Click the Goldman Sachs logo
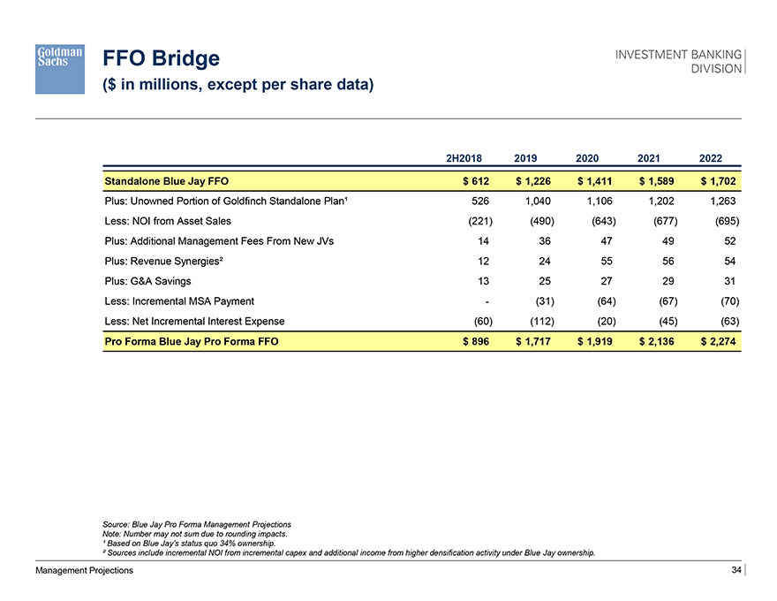(60, 69)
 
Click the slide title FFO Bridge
(161, 59)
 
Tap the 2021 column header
(649, 158)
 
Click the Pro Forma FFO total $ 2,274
(717, 341)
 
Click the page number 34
(736, 570)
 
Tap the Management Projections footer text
(85, 571)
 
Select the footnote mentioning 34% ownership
(189, 544)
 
